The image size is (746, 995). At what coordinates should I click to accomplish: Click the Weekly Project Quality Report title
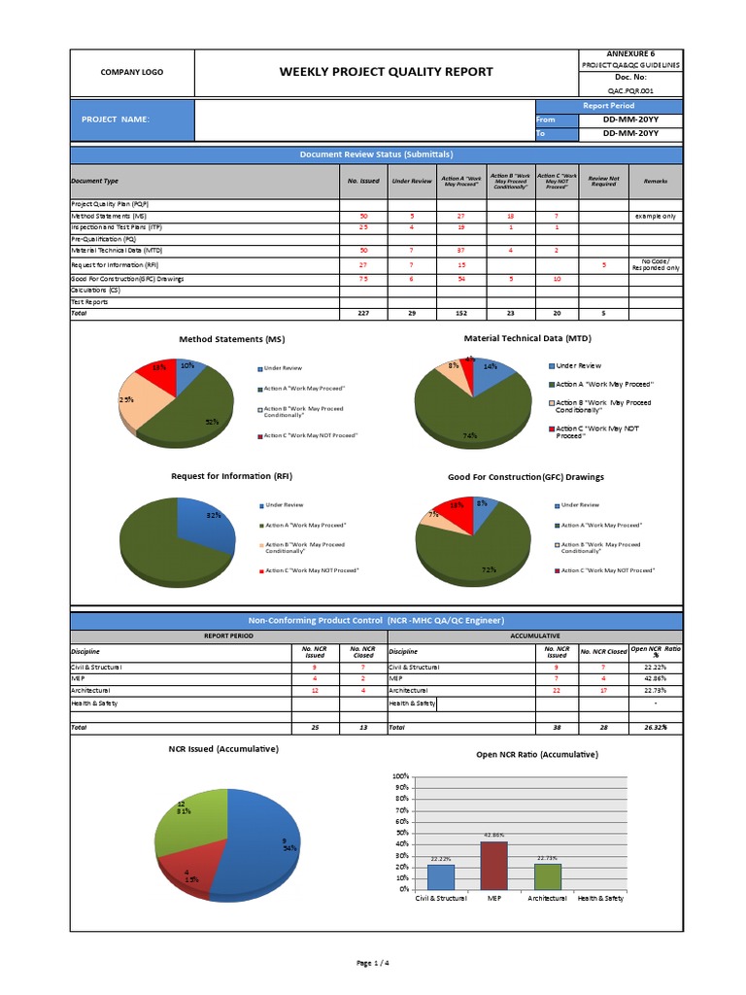point(386,72)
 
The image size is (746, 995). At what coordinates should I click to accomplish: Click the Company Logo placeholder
point(132,73)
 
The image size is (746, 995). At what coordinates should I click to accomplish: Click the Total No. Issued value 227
point(363,314)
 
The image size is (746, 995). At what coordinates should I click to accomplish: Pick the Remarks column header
point(656,181)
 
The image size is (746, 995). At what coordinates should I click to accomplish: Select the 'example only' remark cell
point(656,216)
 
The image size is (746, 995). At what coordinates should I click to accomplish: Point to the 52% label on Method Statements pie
point(212,422)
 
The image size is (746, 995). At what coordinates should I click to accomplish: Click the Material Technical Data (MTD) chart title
point(527,338)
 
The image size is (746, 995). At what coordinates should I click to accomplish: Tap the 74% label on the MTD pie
point(470,435)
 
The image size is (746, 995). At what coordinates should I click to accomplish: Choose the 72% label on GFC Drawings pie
point(490,568)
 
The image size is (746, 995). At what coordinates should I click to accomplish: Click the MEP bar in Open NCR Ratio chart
point(493,865)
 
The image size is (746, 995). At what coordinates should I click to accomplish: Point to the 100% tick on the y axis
point(401,777)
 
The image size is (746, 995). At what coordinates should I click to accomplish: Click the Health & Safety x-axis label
point(600,899)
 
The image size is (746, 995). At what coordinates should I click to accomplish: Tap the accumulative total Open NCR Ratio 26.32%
point(656,727)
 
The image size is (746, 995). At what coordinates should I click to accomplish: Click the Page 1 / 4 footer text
point(373,963)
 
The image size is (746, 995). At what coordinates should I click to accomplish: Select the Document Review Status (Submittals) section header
point(376,154)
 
